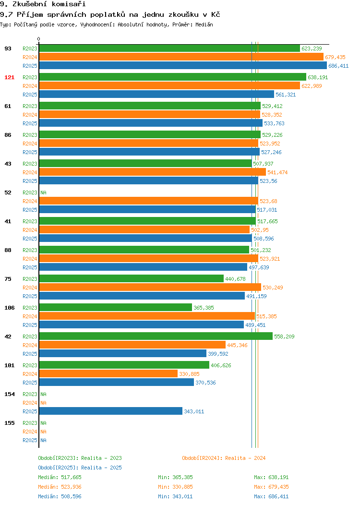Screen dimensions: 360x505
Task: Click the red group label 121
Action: [9, 77]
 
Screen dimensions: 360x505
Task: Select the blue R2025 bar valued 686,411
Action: [183, 66]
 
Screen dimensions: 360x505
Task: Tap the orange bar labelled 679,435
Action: [181, 57]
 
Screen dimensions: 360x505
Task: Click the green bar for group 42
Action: [156, 336]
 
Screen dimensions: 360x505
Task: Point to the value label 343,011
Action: [194, 411]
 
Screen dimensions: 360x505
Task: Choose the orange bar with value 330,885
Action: [108, 374]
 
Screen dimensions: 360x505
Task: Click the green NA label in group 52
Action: [44, 192]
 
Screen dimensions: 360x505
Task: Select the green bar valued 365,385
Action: [116, 308]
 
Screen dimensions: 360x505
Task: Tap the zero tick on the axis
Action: [39, 39]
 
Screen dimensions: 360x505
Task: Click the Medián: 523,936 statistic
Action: [60, 487]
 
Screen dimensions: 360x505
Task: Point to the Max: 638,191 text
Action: [271, 477]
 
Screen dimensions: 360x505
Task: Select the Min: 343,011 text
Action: [175, 497]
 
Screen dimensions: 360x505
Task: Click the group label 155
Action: [9, 423]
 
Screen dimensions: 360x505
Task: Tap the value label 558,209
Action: [284, 337]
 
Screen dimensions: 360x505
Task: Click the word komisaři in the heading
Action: [69, 4]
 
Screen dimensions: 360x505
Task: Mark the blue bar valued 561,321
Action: [156, 95]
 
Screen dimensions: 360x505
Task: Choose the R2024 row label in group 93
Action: [30, 57]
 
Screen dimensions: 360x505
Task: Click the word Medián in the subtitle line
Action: [204, 24]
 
